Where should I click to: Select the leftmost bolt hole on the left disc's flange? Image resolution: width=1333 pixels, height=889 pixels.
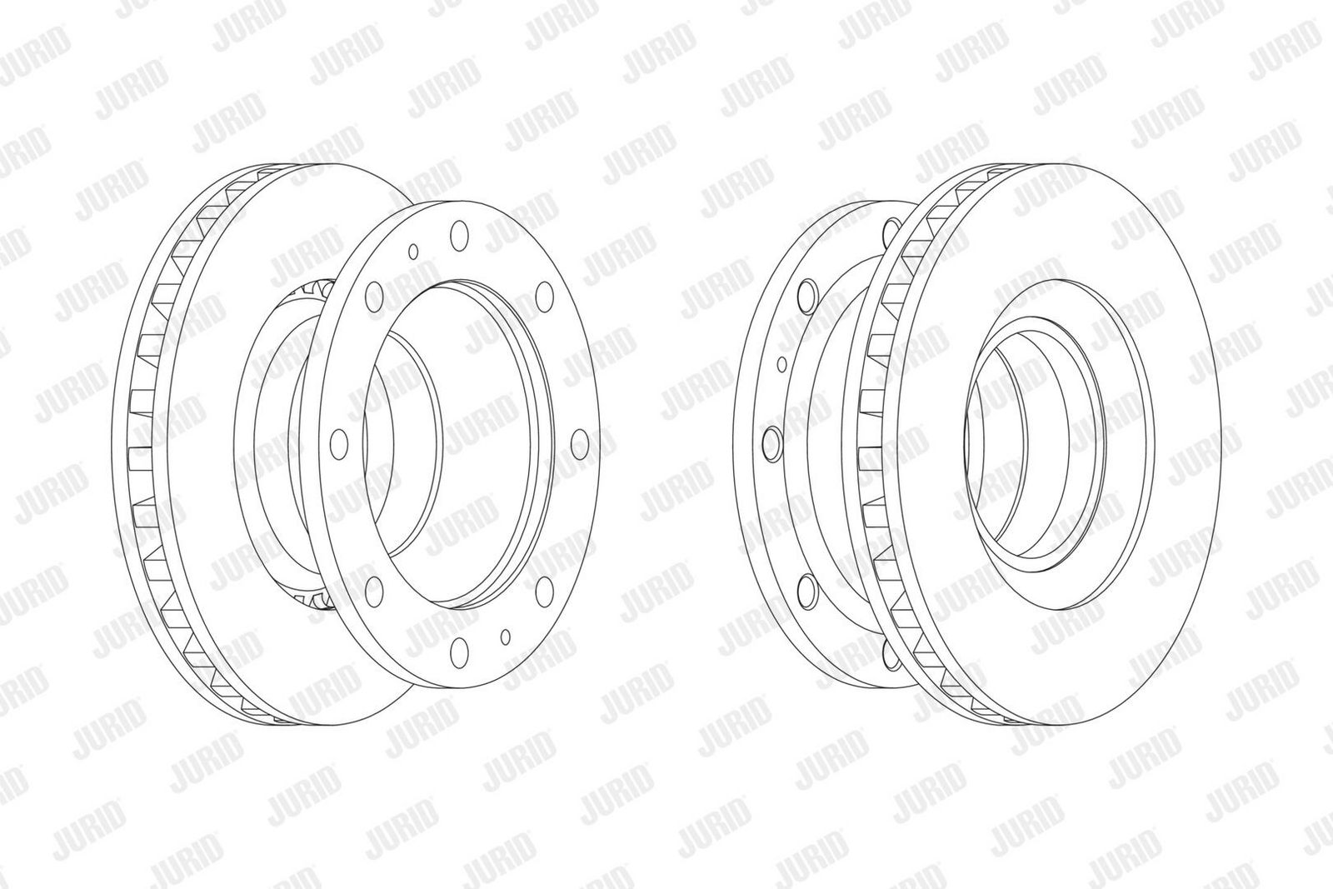337,442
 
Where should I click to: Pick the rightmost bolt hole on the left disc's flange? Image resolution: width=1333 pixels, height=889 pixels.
578,443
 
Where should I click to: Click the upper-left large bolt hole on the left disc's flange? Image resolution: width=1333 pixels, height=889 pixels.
374,295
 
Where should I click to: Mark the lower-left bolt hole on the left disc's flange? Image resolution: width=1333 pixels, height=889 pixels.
372,589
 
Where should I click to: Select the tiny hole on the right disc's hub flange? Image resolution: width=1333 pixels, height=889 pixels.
781,363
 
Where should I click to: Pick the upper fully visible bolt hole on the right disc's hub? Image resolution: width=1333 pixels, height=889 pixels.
806,292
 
